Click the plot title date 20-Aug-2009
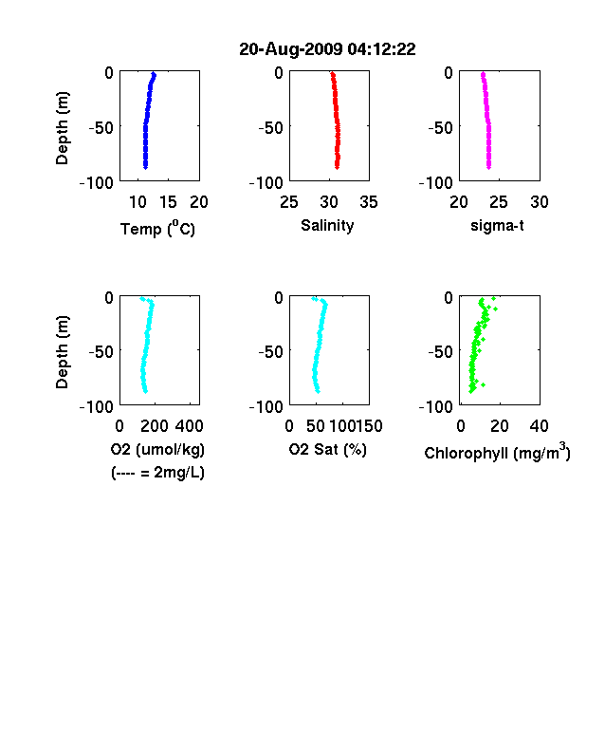click(290, 48)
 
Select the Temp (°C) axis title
click(157, 228)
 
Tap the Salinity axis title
click(327, 226)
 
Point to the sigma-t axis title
click(497, 226)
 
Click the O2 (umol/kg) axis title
click(157, 449)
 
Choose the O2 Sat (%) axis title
click(328, 449)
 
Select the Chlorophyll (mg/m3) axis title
click(497, 451)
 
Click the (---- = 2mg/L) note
click(157, 473)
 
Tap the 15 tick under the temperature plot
click(168, 202)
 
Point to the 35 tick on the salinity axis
click(369, 202)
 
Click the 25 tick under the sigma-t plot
click(498, 202)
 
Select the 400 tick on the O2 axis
click(189, 426)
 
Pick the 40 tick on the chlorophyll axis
click(539, 426)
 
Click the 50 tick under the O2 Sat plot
click(316, 426)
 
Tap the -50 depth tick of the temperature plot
click(101, 127)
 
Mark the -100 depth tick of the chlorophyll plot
click(436, 406)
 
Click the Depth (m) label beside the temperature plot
click(62, 128)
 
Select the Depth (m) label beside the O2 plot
click(62, 352)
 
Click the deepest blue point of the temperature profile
click(146, 167)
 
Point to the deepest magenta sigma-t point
click(488, 167)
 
